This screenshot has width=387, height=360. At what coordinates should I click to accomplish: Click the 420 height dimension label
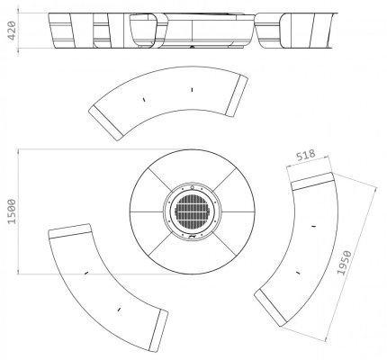point(12,31)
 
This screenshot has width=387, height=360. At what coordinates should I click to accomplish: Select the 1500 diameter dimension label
point(12,211)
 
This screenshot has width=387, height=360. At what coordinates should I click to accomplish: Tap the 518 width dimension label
point(306,155)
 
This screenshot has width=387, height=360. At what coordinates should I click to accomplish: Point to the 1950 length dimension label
point(344,263)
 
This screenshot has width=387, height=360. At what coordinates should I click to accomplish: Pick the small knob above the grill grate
point(192,187)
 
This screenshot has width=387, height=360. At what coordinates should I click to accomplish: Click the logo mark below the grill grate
point(192,236)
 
